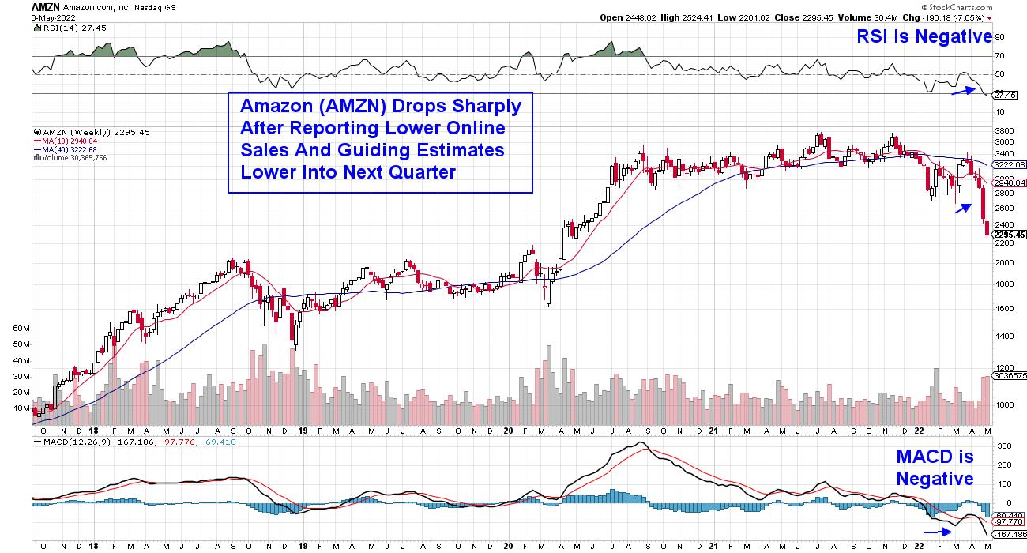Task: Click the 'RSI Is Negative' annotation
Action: point(924,36)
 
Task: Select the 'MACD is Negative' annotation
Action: point(935,468)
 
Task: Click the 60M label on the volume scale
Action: point(20,327)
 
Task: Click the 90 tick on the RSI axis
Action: point(999,36)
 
